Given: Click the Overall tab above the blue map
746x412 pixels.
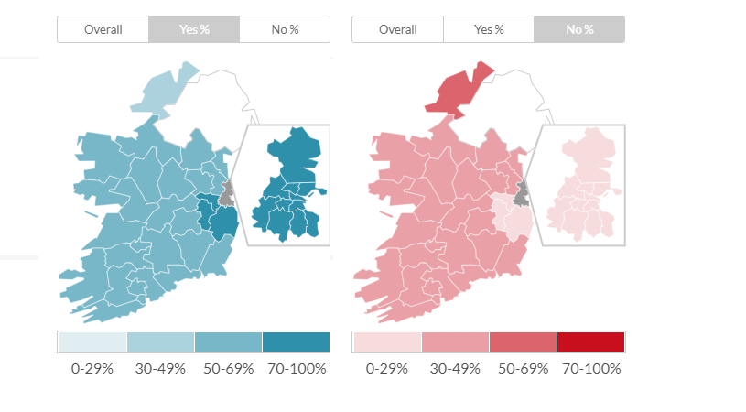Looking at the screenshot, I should pos(103,29).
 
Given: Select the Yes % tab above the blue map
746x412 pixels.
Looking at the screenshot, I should pos(193,29).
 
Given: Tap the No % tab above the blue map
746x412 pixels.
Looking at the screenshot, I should pos(285,29).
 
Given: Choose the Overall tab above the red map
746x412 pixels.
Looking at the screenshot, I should pos(397,29).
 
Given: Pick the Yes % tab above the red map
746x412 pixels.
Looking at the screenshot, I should pos(489,29).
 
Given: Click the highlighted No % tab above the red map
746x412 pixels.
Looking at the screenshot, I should pos(579,29).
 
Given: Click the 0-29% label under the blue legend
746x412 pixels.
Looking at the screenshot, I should pos(92,369).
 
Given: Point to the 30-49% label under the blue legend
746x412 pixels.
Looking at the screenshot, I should pos(160,369).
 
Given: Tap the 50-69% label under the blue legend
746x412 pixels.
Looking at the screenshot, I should pos(229,369).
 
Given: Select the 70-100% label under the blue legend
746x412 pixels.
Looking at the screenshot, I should pos(296,369).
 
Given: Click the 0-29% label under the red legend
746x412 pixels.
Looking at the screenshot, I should pos(386,369).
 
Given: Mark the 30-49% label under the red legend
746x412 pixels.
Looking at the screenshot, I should pos(455,369).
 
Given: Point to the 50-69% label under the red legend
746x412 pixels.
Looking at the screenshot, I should pos(523,369).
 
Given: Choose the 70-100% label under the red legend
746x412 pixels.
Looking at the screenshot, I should pos(591,369).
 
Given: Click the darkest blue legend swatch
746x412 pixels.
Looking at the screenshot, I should pos(296,342).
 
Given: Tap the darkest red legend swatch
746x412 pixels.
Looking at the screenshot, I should pos(590,342).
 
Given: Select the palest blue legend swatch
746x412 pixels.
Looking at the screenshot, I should pos(92,342).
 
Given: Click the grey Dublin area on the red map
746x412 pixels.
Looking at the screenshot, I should pos(522,194).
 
